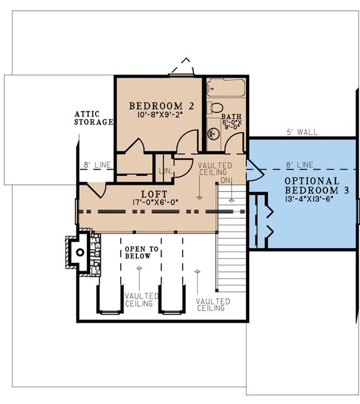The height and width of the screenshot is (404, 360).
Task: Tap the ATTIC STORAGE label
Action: [94, 117]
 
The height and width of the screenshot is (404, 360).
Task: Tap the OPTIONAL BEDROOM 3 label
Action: [303, 185]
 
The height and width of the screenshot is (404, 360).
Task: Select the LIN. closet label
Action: [166, 170]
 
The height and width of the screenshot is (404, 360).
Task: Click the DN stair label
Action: [226, 180]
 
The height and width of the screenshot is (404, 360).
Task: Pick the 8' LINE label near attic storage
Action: [97, 165]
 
